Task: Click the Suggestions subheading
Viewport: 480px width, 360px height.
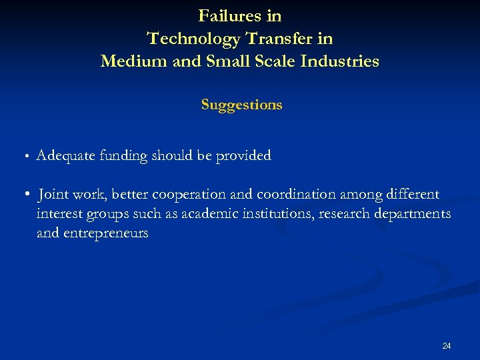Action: pyautogui.click(x=241, y=105)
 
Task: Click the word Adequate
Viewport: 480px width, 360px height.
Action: pyautogui.click(x=65, y=156)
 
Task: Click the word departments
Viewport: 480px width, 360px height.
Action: pyautogui.click(x=411, y=214)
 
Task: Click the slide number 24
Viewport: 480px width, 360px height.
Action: pyautogui.click(x=447, y=345)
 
